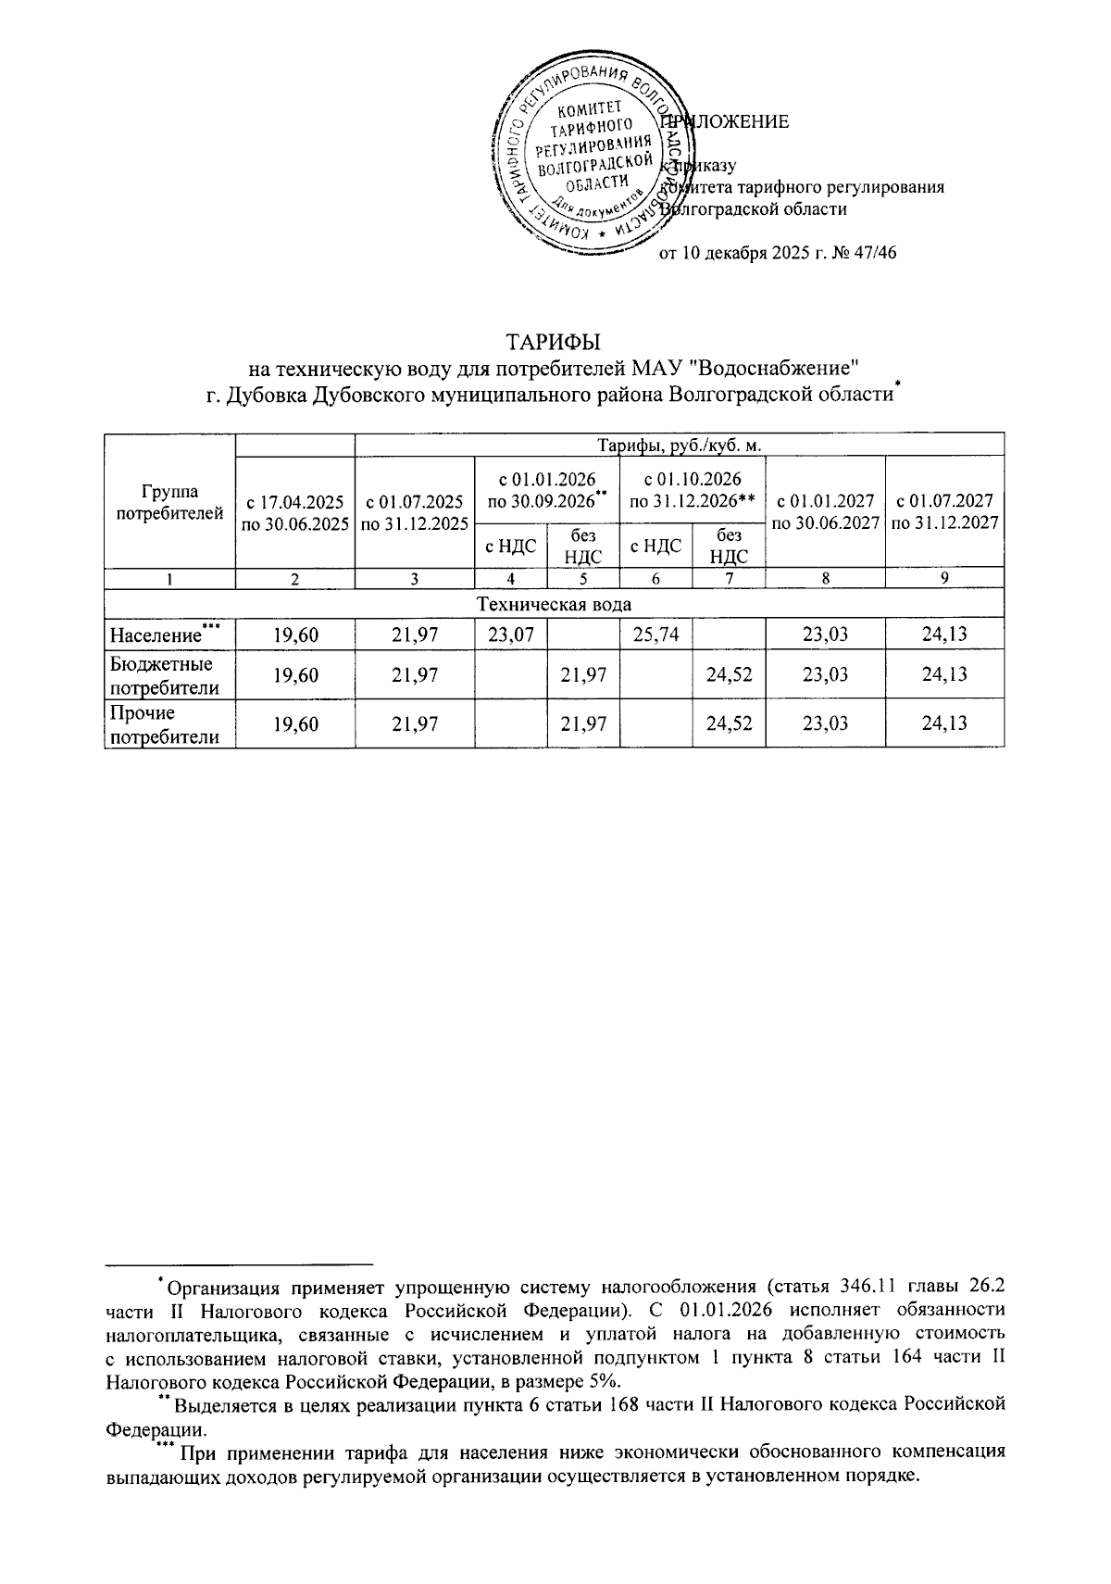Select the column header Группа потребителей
[169, 500]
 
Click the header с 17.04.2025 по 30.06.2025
[295, 512]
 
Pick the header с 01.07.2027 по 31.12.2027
[944, 512]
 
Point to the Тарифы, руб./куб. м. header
[680, 446]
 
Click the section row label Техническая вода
[554, 604]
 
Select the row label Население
[156, 635]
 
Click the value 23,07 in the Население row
[510, 635]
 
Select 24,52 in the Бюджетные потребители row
[729, 674]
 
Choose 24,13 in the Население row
[944, 635]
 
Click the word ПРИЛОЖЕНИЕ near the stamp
[727, 122]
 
